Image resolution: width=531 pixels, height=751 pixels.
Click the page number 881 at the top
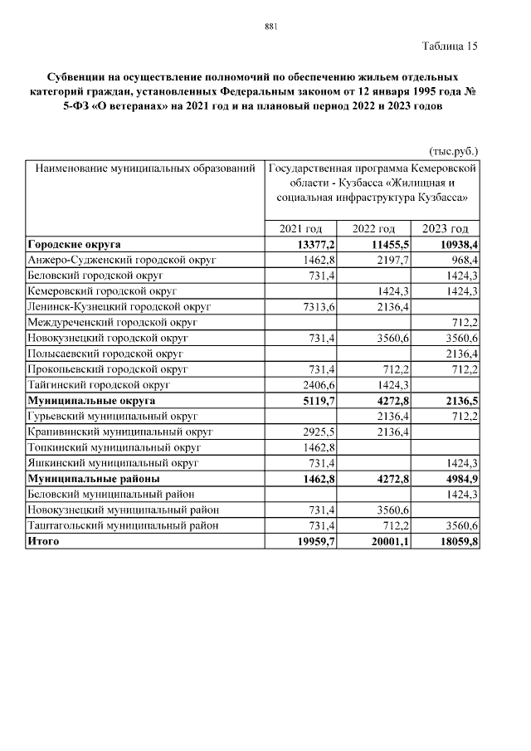(270, 27)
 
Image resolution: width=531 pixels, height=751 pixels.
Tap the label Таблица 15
(450, 46)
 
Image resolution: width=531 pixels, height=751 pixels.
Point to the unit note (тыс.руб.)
(453, 152)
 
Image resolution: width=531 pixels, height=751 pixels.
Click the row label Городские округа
(74, 245)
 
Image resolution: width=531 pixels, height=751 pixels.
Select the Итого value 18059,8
(458, 541)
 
